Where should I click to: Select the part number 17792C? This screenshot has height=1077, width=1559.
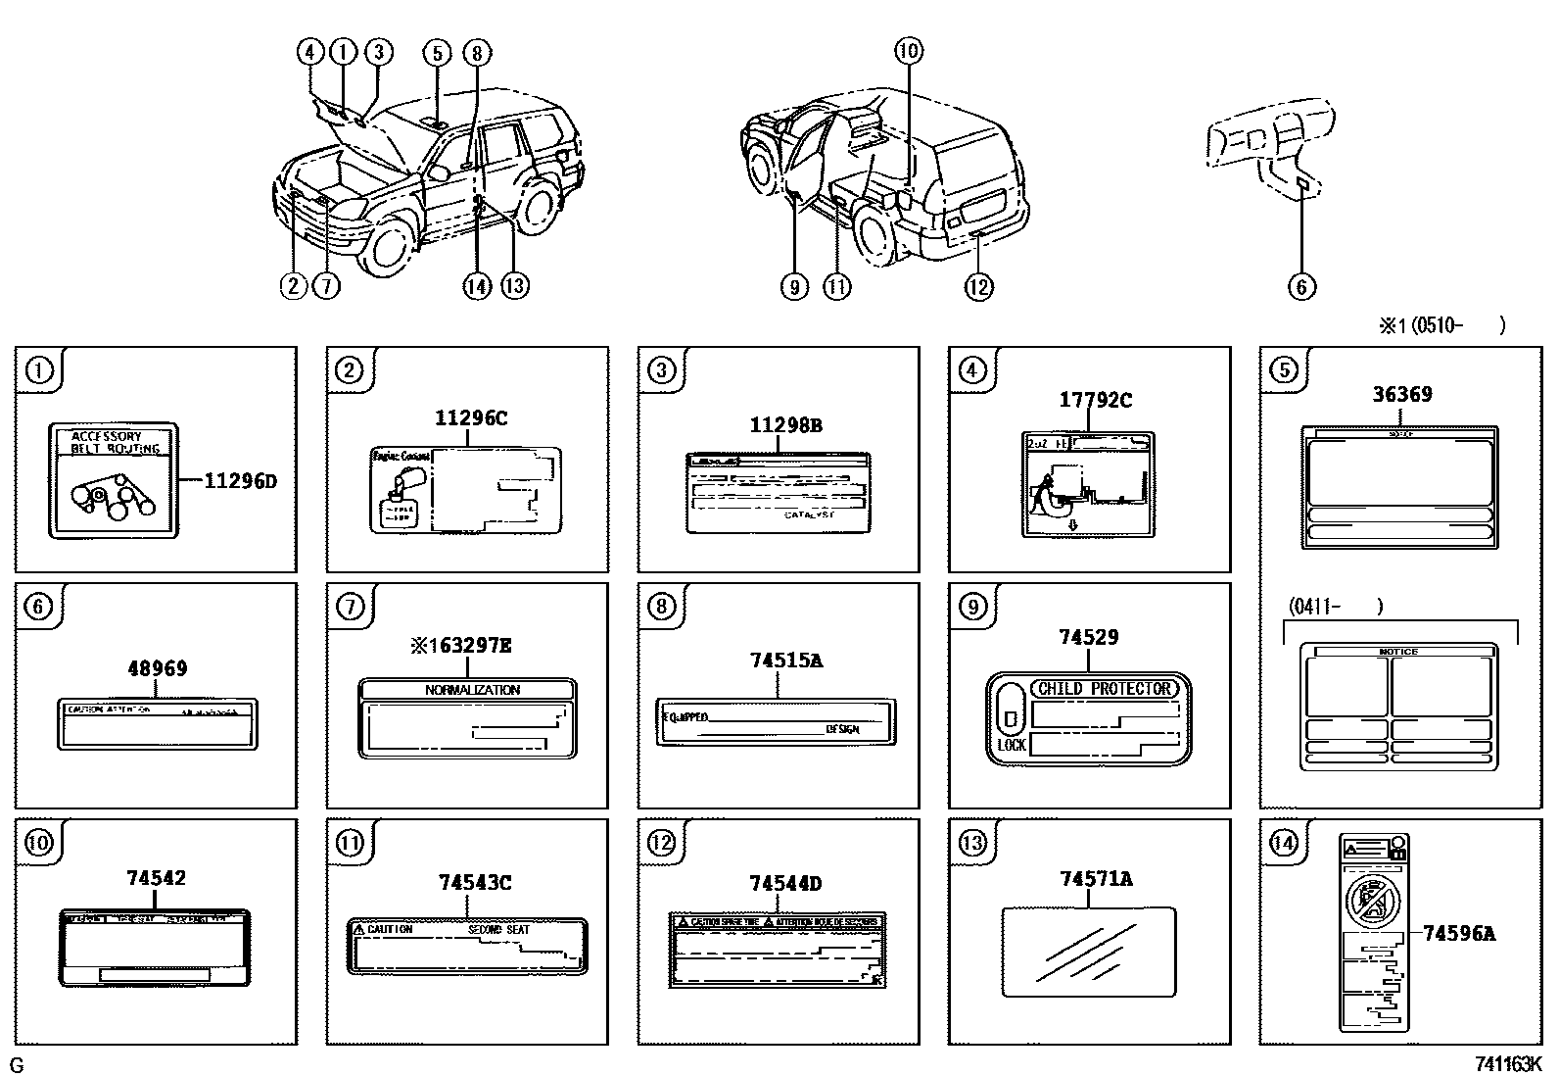pyautogui.click(x=1095, y=400)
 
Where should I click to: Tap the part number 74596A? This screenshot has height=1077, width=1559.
pyautogui.click(x=1458, y=934)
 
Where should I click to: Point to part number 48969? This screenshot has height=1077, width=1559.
pyautogui.click(x=157, y=668)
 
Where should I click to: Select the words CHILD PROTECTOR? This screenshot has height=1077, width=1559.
pyautogui.click(x=1105, y=689)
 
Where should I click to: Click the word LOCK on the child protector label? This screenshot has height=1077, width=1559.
pyautogui.click(x=1011, y=745)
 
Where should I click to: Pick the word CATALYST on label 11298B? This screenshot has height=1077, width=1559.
pyautogui.click(x=810, y=514)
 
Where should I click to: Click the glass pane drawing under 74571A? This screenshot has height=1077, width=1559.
pyautogui.click(x=1088, y=951)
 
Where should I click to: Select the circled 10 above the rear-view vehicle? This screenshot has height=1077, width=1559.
pyautogui.click(x=908, y=51)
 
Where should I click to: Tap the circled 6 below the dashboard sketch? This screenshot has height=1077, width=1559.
pyautogui.click(x=1300, y=286)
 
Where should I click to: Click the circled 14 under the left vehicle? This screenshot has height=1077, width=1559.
pyautogui.click(x=476, y=286)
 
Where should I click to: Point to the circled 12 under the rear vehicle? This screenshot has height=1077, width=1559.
pyautogui.click(x=977, y=286)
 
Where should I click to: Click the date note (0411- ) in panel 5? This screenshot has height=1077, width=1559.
pyautogui.click(x=1334, y=607)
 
